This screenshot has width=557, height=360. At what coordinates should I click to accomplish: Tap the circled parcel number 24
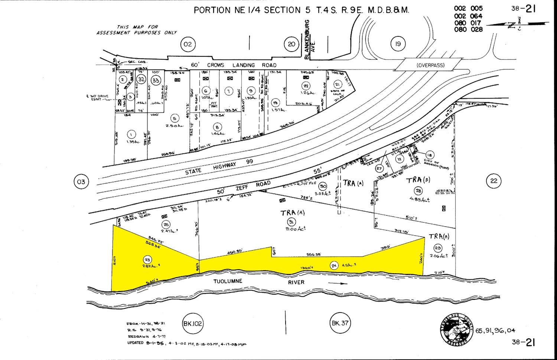(x=334, y=265)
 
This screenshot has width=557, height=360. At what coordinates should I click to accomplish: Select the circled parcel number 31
(x=292, y=222)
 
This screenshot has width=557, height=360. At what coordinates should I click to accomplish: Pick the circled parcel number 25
(x=166, y=224)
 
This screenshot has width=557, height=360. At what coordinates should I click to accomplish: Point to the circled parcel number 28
(x=418, y=191)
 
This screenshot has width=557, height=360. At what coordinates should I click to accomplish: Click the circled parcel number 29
(x=438, y=248)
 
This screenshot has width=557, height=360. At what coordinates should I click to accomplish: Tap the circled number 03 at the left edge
(x=81, y=182)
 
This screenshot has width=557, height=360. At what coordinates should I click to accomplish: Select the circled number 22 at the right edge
(x=494, y=181)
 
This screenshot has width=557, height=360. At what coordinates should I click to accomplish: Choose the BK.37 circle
(x=340, y=322)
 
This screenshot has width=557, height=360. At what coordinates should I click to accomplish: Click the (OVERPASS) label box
(x=430, y=65)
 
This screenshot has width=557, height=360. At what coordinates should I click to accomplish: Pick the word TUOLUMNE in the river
(x=228, y=281)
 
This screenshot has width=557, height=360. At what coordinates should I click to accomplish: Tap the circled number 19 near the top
(x=397, y=44)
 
